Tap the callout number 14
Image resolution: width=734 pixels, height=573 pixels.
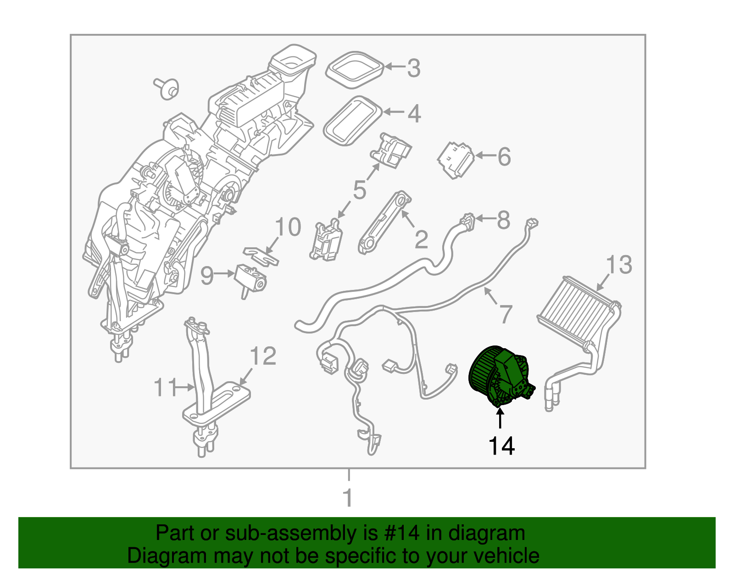coord(501,446)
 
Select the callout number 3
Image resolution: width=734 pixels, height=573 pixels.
coord(413,68)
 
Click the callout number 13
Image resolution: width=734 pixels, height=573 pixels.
coord(619,265)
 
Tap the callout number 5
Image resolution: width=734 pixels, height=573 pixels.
coord(360,189)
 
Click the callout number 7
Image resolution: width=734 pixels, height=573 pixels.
coord(505,314)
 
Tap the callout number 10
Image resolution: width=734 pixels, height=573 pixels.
coord(288,227)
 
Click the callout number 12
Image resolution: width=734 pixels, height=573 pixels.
coord(263,356)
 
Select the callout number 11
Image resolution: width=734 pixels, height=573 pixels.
coord(165,388)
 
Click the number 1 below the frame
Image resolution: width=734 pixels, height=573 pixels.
coord(348,497)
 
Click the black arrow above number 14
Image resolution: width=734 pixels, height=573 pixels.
coord(500,418)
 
